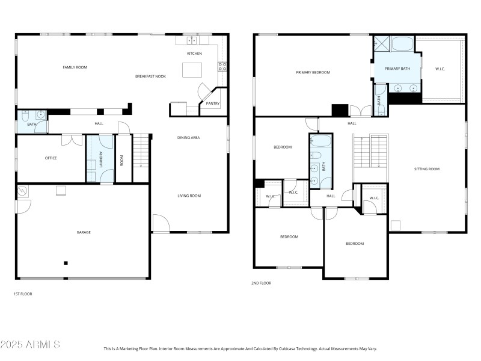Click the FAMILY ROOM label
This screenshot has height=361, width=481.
tap(75, 67)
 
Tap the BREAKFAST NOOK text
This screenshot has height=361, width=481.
tap(150, 76)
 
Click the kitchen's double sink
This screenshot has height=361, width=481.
tap(192, 41)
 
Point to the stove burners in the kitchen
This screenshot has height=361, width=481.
tap(222, 66)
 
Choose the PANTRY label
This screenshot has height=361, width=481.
tap(213, 103)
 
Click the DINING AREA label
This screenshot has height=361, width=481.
tap(188, 138)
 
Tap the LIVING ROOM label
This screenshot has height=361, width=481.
tap(189, 196)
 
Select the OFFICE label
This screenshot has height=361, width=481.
tap(51, 158)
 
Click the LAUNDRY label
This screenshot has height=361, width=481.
tap(101, 159)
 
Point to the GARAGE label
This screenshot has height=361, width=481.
tap(83, 232)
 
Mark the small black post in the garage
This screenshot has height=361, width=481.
tap(66, 263)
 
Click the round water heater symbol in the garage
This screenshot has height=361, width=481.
tap(23, 191)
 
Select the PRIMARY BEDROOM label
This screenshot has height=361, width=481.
tap(313, 72)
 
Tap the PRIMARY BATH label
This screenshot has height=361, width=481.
tap(397, 69)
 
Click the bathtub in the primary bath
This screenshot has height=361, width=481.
tap(403, 43)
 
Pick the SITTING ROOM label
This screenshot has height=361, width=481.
tap(427, 169)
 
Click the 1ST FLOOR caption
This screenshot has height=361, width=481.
tap(23, 294)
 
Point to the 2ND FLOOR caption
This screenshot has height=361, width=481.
tap(261, 283)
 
